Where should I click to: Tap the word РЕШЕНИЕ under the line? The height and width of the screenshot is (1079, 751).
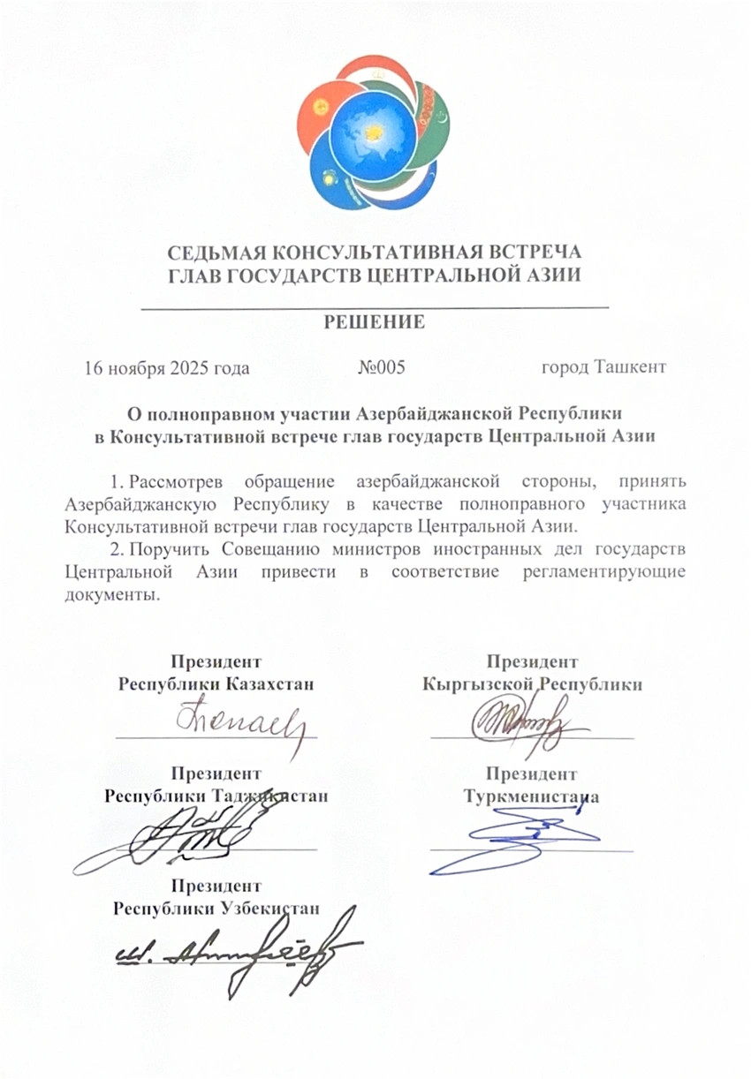click(x=375, y=322)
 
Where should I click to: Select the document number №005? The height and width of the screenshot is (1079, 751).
click(x=381, y=367)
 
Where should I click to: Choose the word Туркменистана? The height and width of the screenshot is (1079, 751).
click(x=532, y=796)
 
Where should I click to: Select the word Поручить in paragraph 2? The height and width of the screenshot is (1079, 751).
click(x=166, y=550)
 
